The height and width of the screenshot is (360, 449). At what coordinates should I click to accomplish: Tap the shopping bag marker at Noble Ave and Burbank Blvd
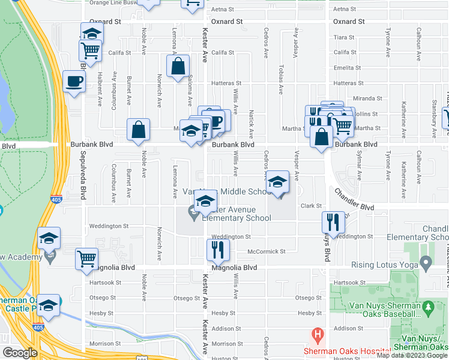pos(138,130)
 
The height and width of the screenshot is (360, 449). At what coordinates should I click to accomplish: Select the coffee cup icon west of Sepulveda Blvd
pos(74,82)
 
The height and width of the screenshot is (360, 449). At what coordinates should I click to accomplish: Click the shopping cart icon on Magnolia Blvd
pos(86,259)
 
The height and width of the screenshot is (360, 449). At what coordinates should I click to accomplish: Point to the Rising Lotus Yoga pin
pos(426,262)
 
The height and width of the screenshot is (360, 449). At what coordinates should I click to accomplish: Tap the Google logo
pos(20,353)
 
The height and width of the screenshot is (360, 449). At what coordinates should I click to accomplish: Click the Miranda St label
pos(367,98)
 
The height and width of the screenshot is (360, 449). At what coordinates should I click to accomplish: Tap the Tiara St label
pos(344,37)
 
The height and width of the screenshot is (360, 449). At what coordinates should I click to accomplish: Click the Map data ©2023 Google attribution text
pos(412,355)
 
